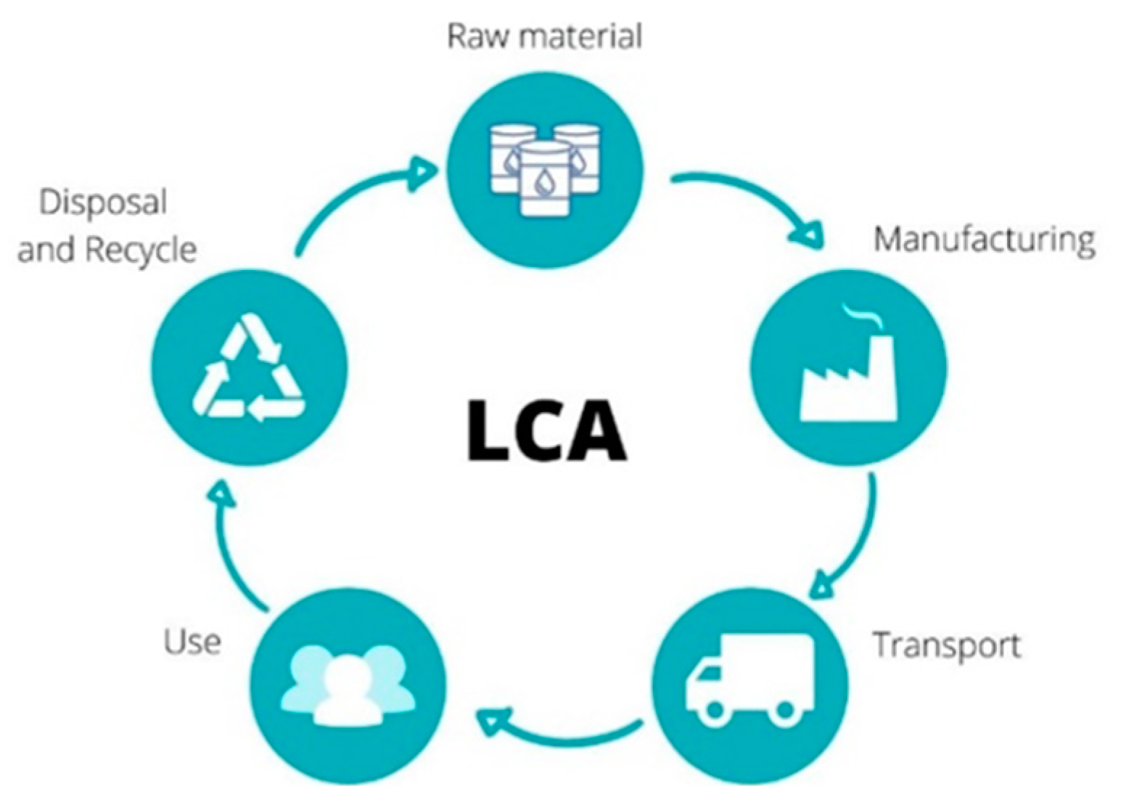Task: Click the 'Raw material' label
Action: tap(544, 36)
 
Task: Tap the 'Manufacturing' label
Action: tap(984, 240)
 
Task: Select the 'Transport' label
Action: tap(946, 645)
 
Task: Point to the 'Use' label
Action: tap(192, 642)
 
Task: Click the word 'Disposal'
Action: tap(103, 203)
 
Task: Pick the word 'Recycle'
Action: tap(141, 250)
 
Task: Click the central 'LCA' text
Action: tap(546, 430)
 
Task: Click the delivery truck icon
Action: tap(750, 679)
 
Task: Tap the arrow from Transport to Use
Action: tap(559, 733)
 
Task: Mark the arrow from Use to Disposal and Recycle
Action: tap(232, 544)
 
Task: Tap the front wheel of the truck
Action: tap(715, 710)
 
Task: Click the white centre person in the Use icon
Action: tap(348, 693)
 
